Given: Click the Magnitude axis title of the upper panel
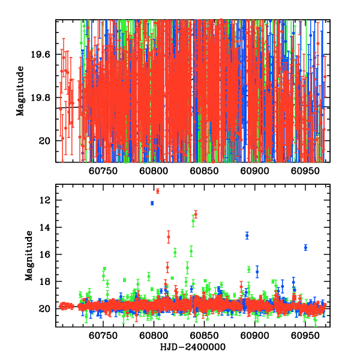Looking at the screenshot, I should click(x=20, y=91).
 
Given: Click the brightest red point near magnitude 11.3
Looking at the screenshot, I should click(x=158, y=191).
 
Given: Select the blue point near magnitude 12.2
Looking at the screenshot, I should click(x=152, y=203).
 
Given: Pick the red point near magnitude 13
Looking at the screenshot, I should click(x=196, y=214).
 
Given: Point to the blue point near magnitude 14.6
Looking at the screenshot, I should click(x=247, y=235).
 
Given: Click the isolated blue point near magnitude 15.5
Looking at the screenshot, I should click(x=305, y=247).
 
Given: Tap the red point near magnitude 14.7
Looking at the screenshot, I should click(x=169, y=237).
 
